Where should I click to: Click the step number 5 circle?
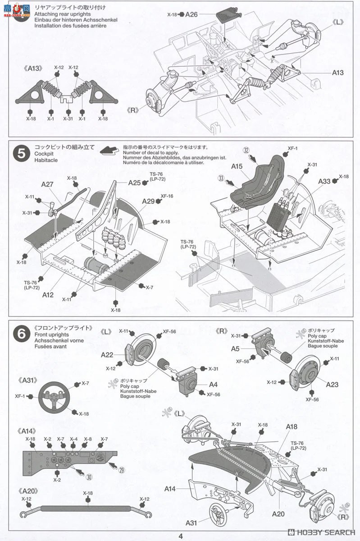pyautogui.click(x=21, y=154)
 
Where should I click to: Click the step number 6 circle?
pyautogui.click(x=21, y=334)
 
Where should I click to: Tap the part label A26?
pyautogui.click(x=191, y=14)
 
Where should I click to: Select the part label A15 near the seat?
pyautogui.click(x=237, y=166)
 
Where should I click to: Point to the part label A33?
pyautogui.click(x=324, y=181)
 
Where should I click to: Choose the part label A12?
pyautogui.click(x=48, y=294)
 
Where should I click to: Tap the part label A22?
pyautogui.click(x=107, y=355)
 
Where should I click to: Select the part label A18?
pyautogui.click(x=292, y=426)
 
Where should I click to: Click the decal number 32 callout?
pyautogui.click(x=246, y=150)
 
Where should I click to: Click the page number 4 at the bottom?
pyautogui.click(x=180, y=536)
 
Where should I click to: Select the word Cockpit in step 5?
pyautogui.click(x=45, y=154)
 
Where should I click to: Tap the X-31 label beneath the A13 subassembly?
pyautogui.click(x=68, y=119)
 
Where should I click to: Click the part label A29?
pyautogui.click(x=149, y=202)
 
